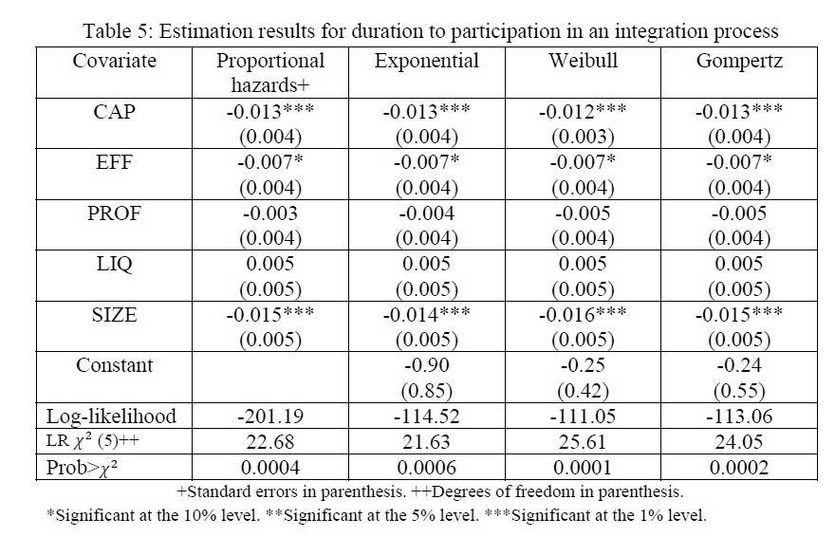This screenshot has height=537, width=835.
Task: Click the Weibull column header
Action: click(x=584, y=61)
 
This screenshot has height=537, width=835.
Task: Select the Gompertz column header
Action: click(x=739, y=62)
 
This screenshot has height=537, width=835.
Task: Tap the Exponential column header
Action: click(x=427, y=62)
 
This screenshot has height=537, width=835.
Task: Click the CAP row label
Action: click(x=114, y=112)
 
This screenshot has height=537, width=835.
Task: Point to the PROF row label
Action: click(x=114, y=213)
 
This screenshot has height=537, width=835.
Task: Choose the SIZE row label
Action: click(x=114, y=315)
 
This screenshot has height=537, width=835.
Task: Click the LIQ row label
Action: click(x=114, y=265)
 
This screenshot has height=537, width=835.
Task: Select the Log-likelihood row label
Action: click(x=111, y=417)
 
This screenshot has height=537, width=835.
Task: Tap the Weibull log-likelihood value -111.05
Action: click(x=583, y=417)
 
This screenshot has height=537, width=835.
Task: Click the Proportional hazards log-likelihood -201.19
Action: click(x=270, y=417)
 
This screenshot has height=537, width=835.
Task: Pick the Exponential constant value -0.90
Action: click(x=427, y=365)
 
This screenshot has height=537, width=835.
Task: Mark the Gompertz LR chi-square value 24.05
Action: click(x=739, y=442)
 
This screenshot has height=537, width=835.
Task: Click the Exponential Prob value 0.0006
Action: click(x=427, y=468)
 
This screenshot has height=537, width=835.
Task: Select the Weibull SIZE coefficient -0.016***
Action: click(x=583, y=315)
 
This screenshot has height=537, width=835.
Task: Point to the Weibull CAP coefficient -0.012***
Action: click(x=583, y=112)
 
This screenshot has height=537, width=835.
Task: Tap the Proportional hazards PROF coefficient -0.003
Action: click(x=270, y=213)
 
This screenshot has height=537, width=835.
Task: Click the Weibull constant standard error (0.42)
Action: click(x=583, y=391)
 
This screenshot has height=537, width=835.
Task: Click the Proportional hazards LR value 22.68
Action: click(x=270, y=442)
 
